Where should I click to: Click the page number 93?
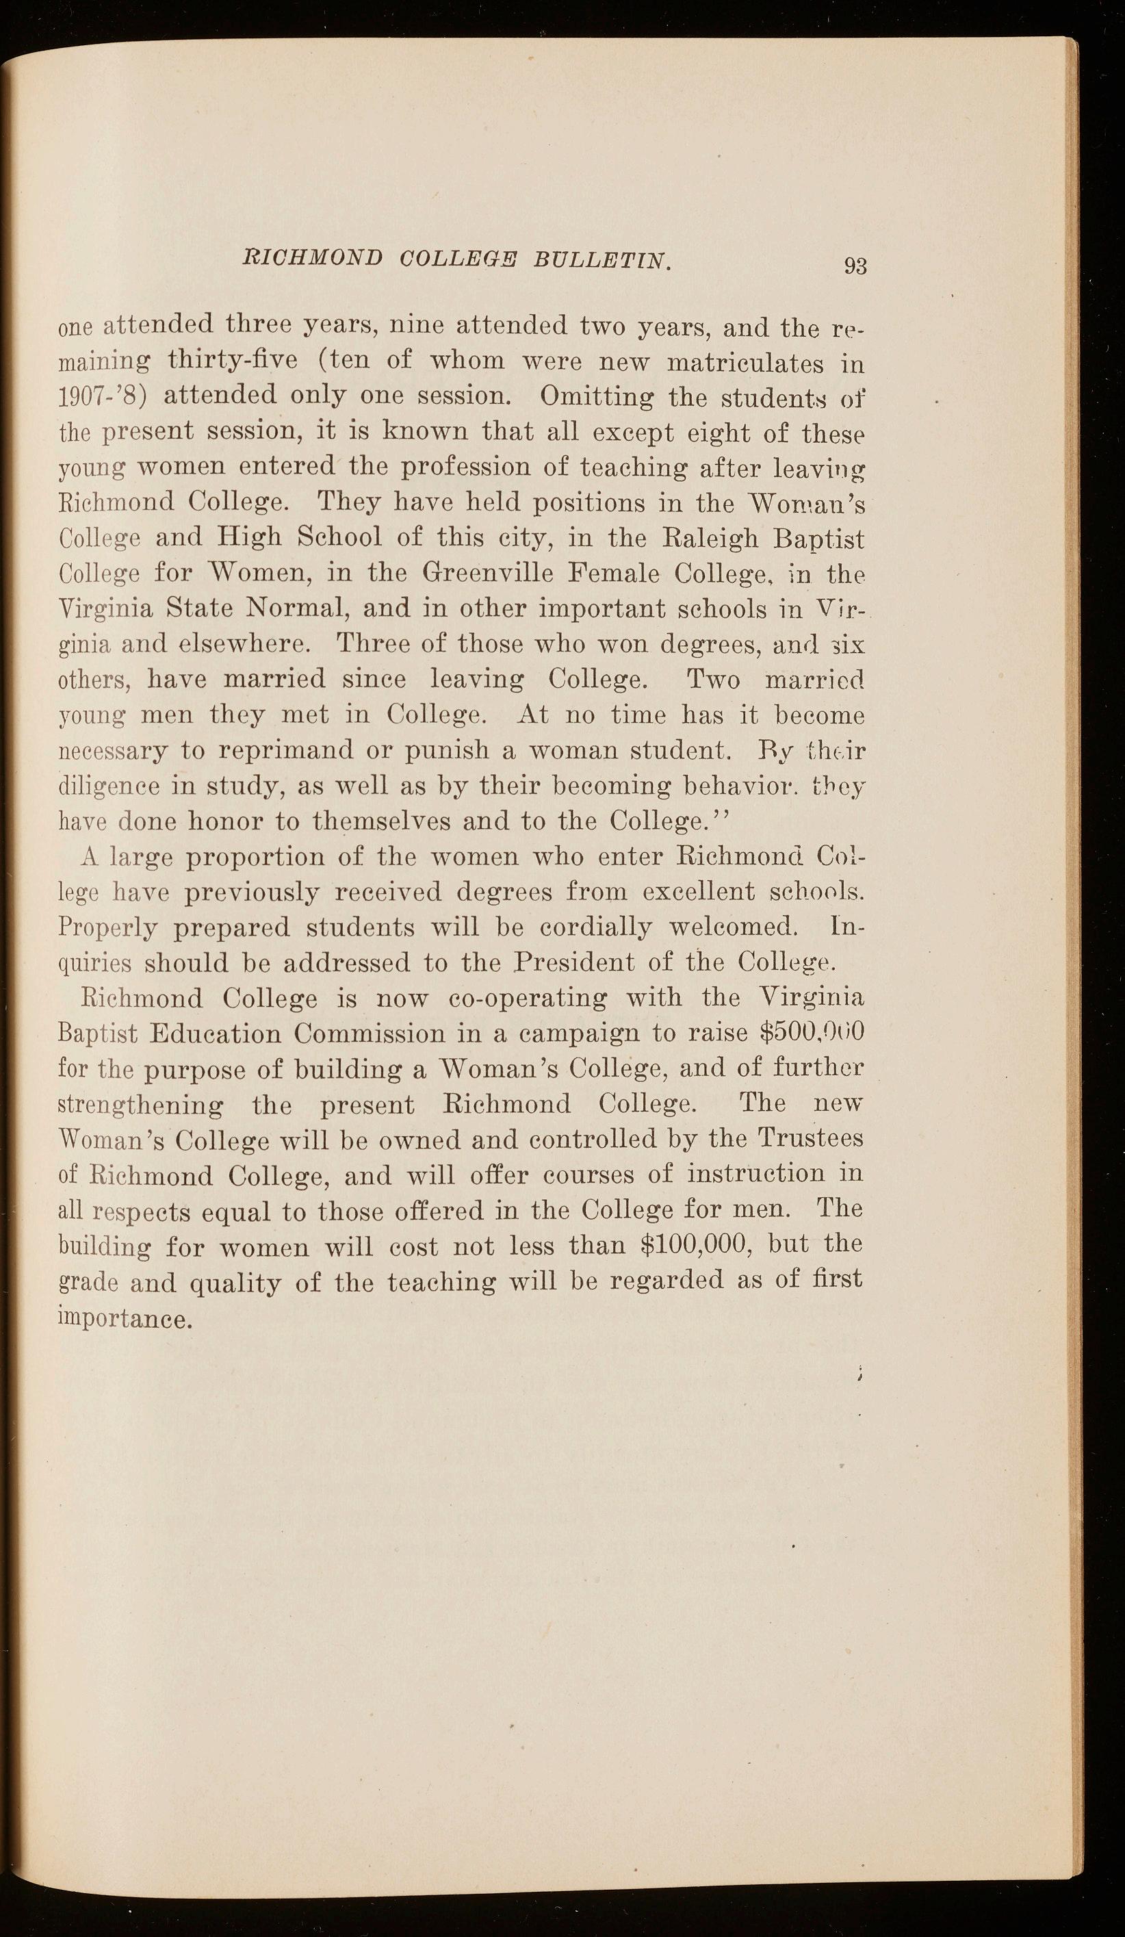855,265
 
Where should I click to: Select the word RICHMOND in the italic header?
311,258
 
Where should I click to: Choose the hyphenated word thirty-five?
232,361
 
